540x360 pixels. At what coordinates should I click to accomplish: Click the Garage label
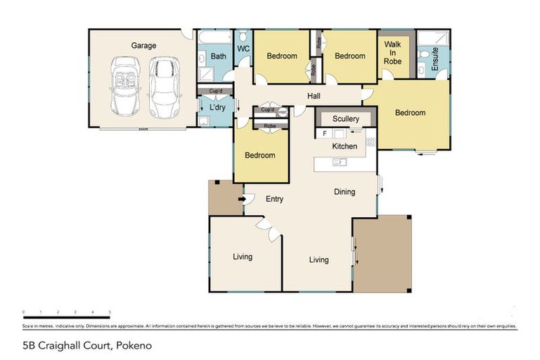point(143,46)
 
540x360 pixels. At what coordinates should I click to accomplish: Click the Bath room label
point(219,56)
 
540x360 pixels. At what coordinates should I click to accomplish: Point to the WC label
point(243,49)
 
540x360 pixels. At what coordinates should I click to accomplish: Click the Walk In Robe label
point(392,52)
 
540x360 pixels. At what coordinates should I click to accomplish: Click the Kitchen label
point(345,146)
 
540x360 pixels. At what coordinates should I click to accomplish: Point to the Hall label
point(315,96)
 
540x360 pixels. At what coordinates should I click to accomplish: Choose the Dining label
point(345,191)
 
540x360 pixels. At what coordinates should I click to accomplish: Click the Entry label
point(274,199)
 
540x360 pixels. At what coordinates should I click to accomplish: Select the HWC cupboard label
point(283,111)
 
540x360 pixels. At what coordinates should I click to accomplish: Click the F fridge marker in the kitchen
point(324,133)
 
